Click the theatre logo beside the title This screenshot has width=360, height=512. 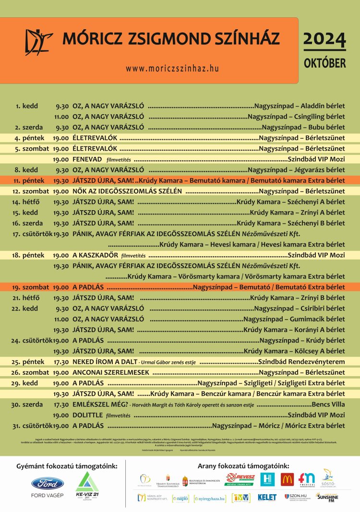pyautogui.click(x=39, y=42)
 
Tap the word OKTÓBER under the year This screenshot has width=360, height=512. pyautogui.click(x=324, y=63)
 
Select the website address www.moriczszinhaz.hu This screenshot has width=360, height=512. pyautogui.click(x=172, y=69)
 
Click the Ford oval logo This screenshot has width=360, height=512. pyautogui.click(x=47, y=484)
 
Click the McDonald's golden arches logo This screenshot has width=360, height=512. pyautogui.click(x=287, y=479)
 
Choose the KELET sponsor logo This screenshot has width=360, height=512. pyautogui.click(x=267, y=498)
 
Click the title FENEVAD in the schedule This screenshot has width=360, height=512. pyautogui.click(x=87, y=159)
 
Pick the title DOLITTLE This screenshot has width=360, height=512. pyautogui.click(x=87, y=415)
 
